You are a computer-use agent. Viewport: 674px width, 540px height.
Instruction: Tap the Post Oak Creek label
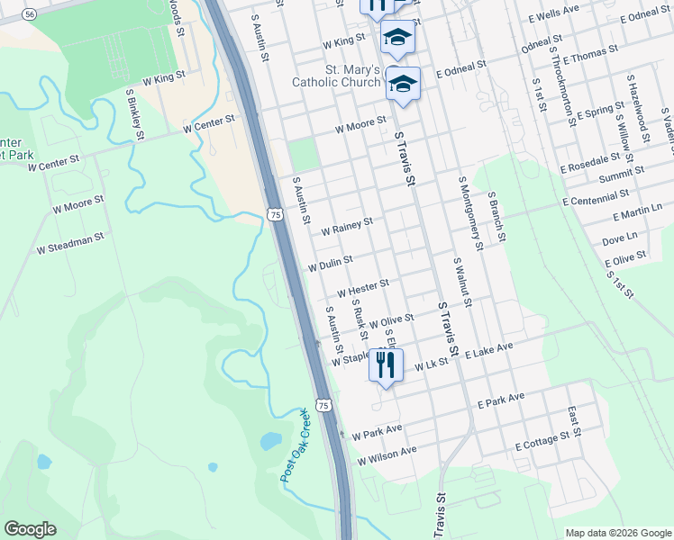coord(300,445)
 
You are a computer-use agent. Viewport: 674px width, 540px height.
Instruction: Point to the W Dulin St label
coord(330,263)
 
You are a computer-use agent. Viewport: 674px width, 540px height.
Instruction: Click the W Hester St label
coord(362,288)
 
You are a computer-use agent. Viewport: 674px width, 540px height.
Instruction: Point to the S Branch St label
coord(497,217)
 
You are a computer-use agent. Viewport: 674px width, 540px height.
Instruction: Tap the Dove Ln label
coord(618,239)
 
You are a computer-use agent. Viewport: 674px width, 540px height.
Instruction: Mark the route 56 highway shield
coord(31,14)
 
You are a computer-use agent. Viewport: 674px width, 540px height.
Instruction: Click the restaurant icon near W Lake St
coord(386,364)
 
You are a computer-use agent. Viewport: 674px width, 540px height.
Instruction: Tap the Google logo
coord(30,529)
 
